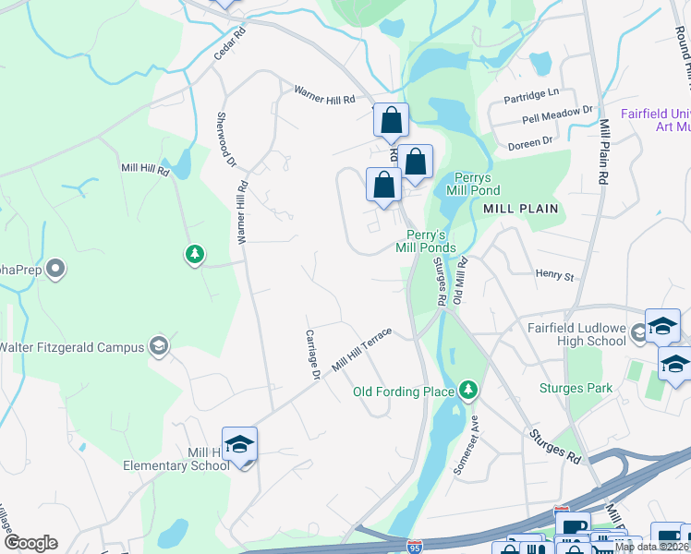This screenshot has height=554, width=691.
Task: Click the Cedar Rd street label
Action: coord(235,42)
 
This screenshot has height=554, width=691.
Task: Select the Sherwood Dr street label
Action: coord(226,138)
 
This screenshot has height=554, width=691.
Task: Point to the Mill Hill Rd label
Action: coord(145,169)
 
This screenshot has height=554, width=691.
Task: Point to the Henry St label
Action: coord(554,274)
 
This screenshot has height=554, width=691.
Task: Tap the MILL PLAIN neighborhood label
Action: coord(521,209)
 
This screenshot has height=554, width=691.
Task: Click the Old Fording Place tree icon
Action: coord(469,391)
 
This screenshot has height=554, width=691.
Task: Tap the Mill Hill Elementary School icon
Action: coord(239,445)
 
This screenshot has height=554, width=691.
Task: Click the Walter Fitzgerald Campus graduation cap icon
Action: coord(159,346)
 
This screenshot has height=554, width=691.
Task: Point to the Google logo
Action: coord(31,542)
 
